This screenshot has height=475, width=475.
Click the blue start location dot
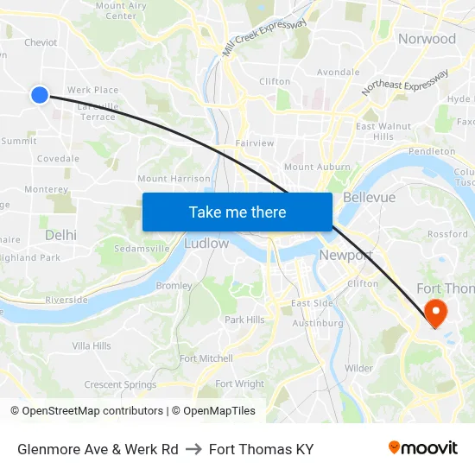click(39, 95)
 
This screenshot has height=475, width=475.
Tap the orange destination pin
click(436, 312)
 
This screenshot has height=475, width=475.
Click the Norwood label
click(427, 39)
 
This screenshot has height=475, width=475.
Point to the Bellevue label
click(369, 198)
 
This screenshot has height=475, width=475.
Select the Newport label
click(345, 256)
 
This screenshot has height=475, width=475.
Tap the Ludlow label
click(206, 244)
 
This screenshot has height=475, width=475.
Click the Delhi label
click(60, 235)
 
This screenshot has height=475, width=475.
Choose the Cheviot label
click(41, 42)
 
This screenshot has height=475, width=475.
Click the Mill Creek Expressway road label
click(264, 38)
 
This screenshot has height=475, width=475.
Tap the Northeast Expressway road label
click(405, 83)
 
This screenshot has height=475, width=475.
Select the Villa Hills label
click(92, 345)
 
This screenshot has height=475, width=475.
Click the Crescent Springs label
click(120, 384)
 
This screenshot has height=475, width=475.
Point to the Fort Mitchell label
click(206, 358)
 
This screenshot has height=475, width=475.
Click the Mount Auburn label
click(317, 167)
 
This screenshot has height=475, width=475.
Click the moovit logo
click(423, 448)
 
